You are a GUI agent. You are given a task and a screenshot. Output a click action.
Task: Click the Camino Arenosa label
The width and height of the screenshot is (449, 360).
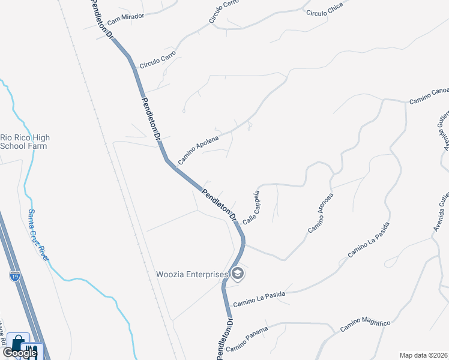pyautogui.click(x=321, y=213)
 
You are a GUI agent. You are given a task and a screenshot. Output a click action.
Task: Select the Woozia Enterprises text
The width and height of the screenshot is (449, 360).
pyautogui.click(x=192, y=275)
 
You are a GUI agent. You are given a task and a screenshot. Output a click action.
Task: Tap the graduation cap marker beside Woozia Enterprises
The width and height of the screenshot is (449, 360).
pyautogui.click(x=238, y=274)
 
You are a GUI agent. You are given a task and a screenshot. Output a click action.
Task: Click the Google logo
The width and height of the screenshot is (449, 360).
pyautogui.click(x=19, y=353)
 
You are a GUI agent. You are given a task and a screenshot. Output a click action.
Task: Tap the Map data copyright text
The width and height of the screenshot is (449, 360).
pyautogui.click(x=423, y=355)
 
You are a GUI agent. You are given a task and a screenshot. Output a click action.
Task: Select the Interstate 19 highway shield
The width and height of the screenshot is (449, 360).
pyautogui.click(x=15, y=276)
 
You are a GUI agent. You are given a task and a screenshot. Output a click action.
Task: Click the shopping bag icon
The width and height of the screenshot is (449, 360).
pyautogui.click(x=19, y=341)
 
